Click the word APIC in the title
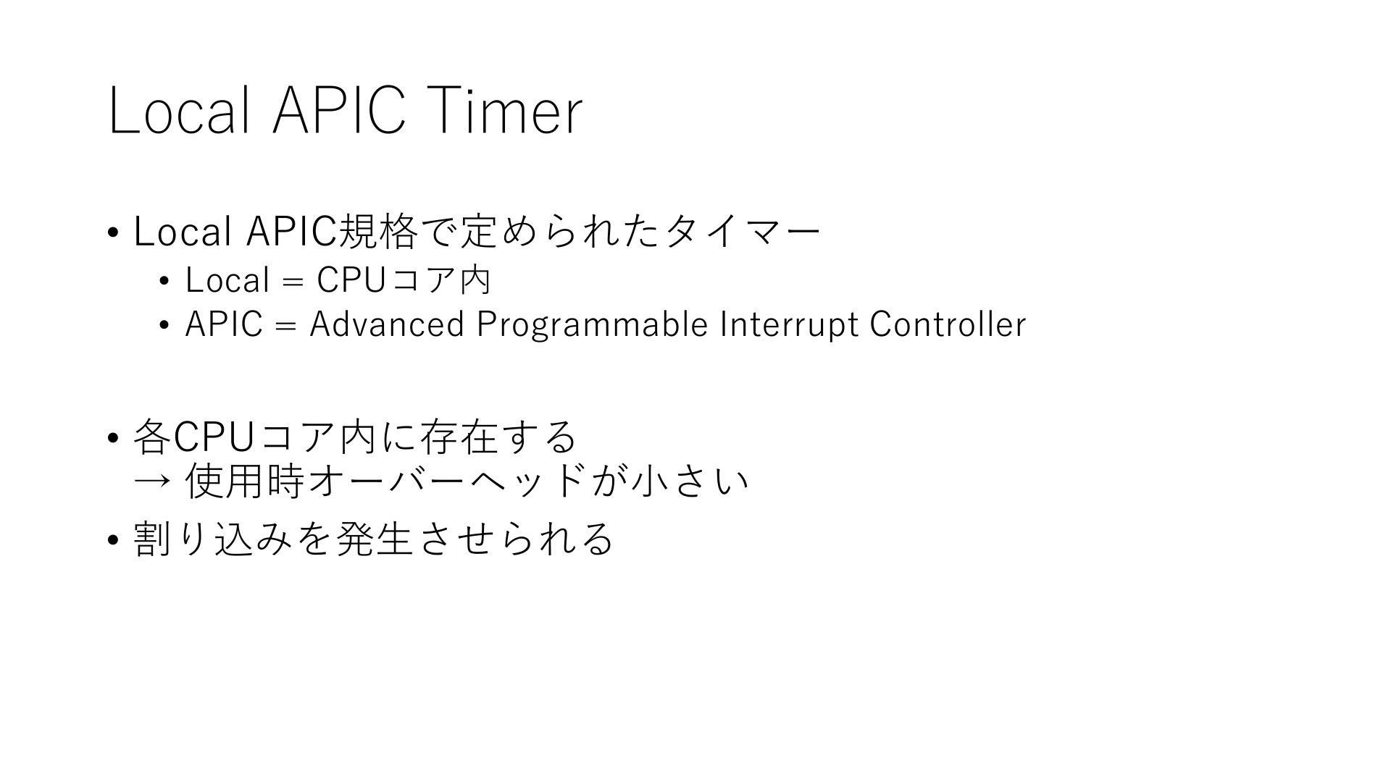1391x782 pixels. pyautogui.click(x=338, y=112)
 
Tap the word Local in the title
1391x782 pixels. pyautogui.click(x=180, y=110)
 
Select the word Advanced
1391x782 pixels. pyautogui.click(x=386, y=324)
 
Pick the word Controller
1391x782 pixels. pyautogui.click(x=948, y=324)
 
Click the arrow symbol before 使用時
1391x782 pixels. pyautogui.click(x=152, y=482)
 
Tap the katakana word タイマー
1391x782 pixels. pyautogui.click(x=743, y=232)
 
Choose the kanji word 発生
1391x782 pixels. pyautogui.click(x=375, y=539)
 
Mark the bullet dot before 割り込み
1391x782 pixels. pyautogui.click(x=112, y=540)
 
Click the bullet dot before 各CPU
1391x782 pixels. pyautogui.click(x=112, y=438)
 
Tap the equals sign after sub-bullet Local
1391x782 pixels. pyautogui.click(x=293, y=282)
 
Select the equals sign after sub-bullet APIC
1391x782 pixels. pyautogui.click(x=286, y=326)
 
